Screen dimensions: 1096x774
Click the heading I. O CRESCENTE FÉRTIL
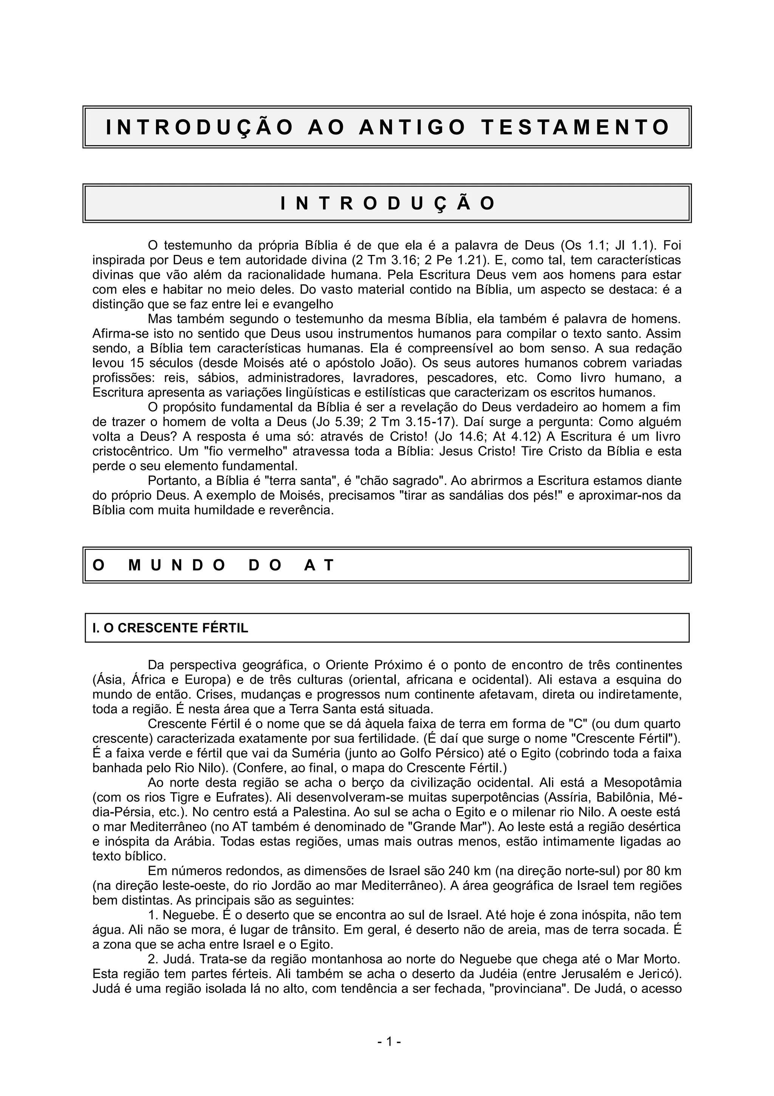(x=170, y=628)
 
